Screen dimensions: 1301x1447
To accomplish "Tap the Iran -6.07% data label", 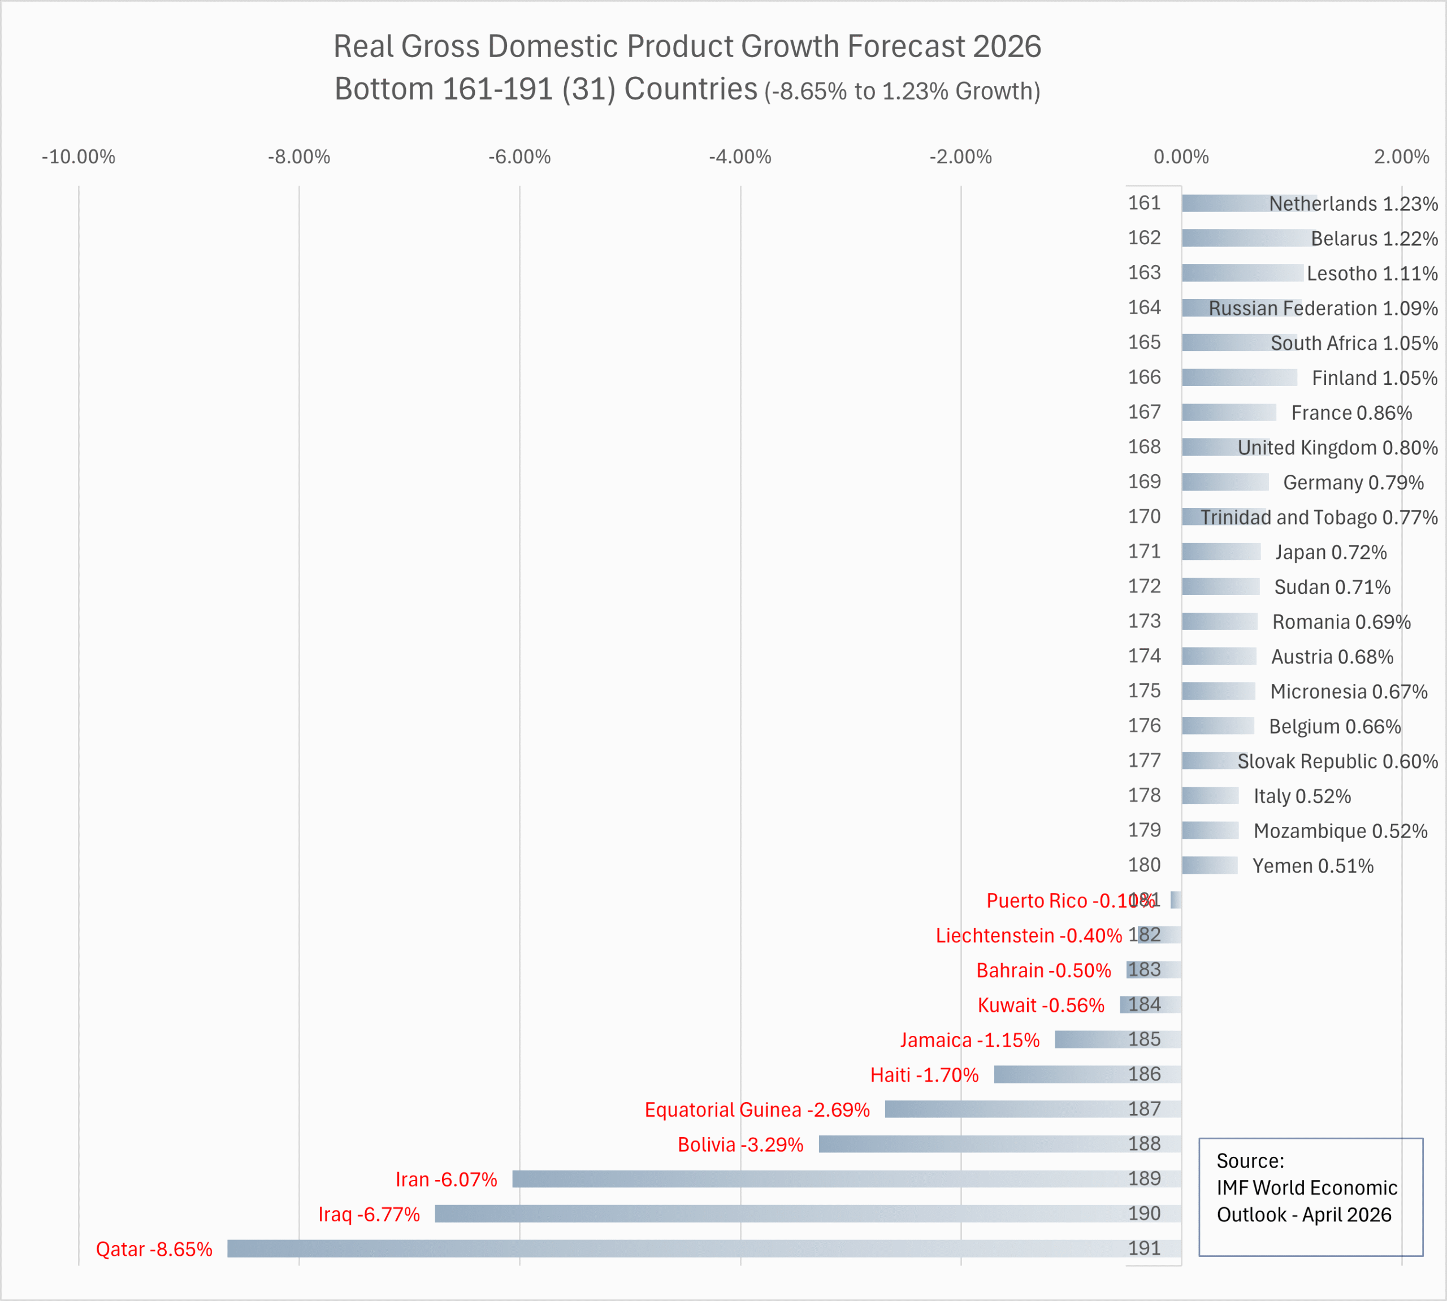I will click(x=446, y=1179).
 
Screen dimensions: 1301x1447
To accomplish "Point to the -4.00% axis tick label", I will click(x=740, y=157).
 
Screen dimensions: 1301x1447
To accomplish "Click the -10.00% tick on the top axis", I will click(x=79, y=157).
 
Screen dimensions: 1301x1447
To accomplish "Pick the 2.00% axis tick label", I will click(x=1401, y=157).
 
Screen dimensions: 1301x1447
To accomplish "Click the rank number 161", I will click(x=1144, y=203).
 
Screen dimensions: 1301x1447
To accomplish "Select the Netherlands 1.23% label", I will click(x=1353, y=203).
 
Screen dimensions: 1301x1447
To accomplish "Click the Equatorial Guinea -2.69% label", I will click(x=756, y=1109).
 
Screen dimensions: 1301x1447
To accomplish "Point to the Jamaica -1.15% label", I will click(x=969, y=1040).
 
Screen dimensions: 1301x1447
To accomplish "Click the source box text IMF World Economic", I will click(x=1306, y=1187).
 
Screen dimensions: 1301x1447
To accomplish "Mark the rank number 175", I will click(x=1144, y=691).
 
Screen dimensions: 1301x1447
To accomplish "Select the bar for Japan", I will click(x=1220, y=552).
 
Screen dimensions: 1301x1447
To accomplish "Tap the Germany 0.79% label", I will click(x=1353, y=483).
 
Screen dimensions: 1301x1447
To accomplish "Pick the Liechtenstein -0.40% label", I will click(x=1028, y=936).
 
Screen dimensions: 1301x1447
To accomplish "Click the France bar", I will click(x=1228, y=413).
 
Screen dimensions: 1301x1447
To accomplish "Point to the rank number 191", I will click(x=1144, y=1248).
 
